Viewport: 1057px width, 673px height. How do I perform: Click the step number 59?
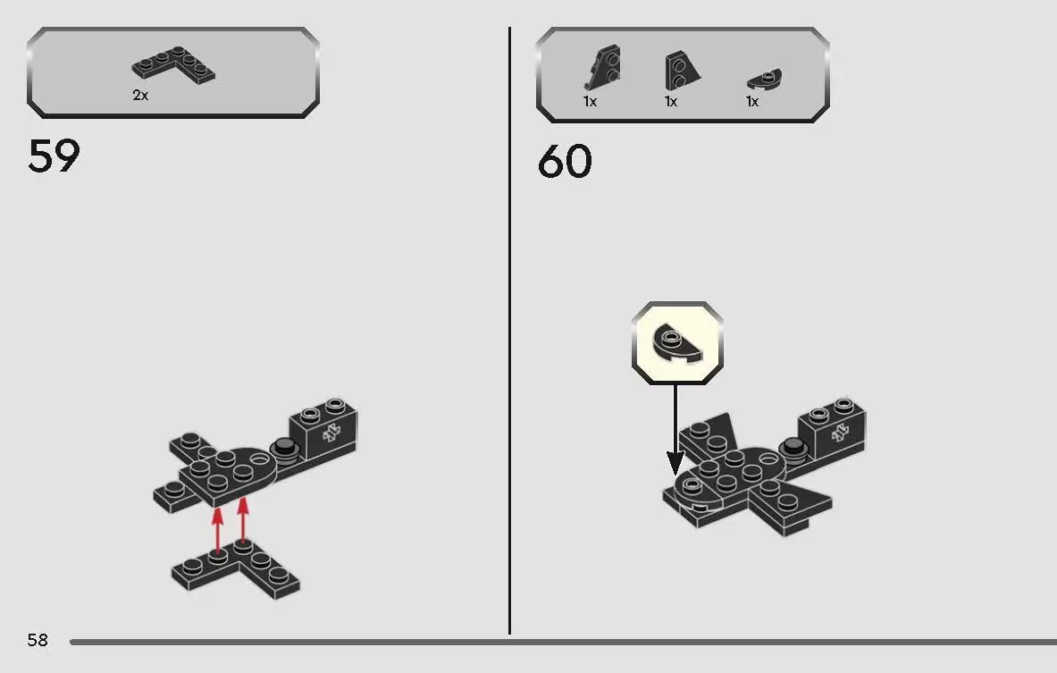tap(54, 156)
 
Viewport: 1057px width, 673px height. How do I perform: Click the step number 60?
tap(565, 162)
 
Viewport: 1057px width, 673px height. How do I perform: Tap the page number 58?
tap(38, 640)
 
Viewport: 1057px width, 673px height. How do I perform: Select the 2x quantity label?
tap(140, 95)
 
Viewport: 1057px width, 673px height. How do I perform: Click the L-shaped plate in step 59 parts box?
tap(174, 65)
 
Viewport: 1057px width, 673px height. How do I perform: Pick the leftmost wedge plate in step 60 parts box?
tap(602, 68)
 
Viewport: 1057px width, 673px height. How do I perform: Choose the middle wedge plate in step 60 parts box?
tap(682, 71)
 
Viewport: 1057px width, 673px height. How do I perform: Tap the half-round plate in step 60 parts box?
tap(765, 79)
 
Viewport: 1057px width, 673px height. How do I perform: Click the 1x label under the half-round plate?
tap(752, 101)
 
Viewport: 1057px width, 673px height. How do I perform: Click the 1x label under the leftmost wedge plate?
tap(590, 101)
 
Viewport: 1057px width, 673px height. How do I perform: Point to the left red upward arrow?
tap(217, 531)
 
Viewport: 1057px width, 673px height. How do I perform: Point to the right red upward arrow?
tap(243, 520)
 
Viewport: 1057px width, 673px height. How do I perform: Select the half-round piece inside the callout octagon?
tap(676, 344)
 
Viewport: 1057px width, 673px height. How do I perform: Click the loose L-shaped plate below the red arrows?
tap(236, 570)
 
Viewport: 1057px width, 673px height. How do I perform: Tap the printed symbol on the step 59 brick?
tap(331, 433)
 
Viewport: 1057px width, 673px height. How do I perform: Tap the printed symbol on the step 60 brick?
tap(839, 433)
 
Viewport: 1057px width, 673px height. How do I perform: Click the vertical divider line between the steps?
tap(509, 331)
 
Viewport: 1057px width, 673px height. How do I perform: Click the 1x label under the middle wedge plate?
tap(671, 101)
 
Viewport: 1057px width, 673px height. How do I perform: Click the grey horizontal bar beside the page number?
tap(564, 642)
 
